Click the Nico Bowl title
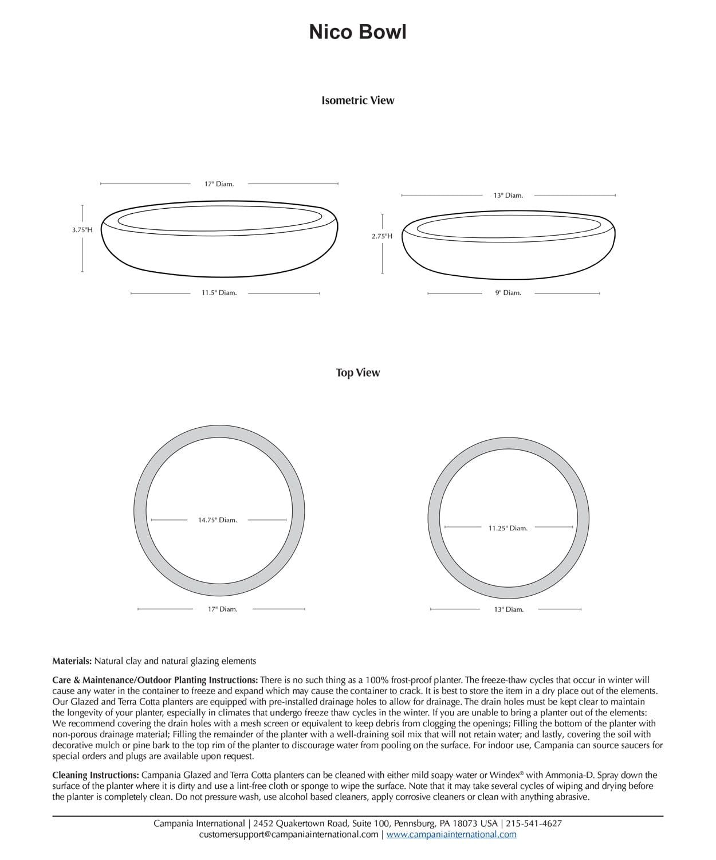357,32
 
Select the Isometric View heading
357,100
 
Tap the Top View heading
357,373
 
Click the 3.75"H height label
82,230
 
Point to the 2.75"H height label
382,236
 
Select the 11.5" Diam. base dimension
219,293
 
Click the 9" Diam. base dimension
508,293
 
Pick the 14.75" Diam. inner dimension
217,520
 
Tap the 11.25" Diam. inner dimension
508,528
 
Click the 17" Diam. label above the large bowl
219,184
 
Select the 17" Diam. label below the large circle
222,609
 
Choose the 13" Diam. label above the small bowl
508,196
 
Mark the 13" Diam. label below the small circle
509,609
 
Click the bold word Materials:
72,661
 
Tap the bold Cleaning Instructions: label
95,775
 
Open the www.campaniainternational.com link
451,834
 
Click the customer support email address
289,834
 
